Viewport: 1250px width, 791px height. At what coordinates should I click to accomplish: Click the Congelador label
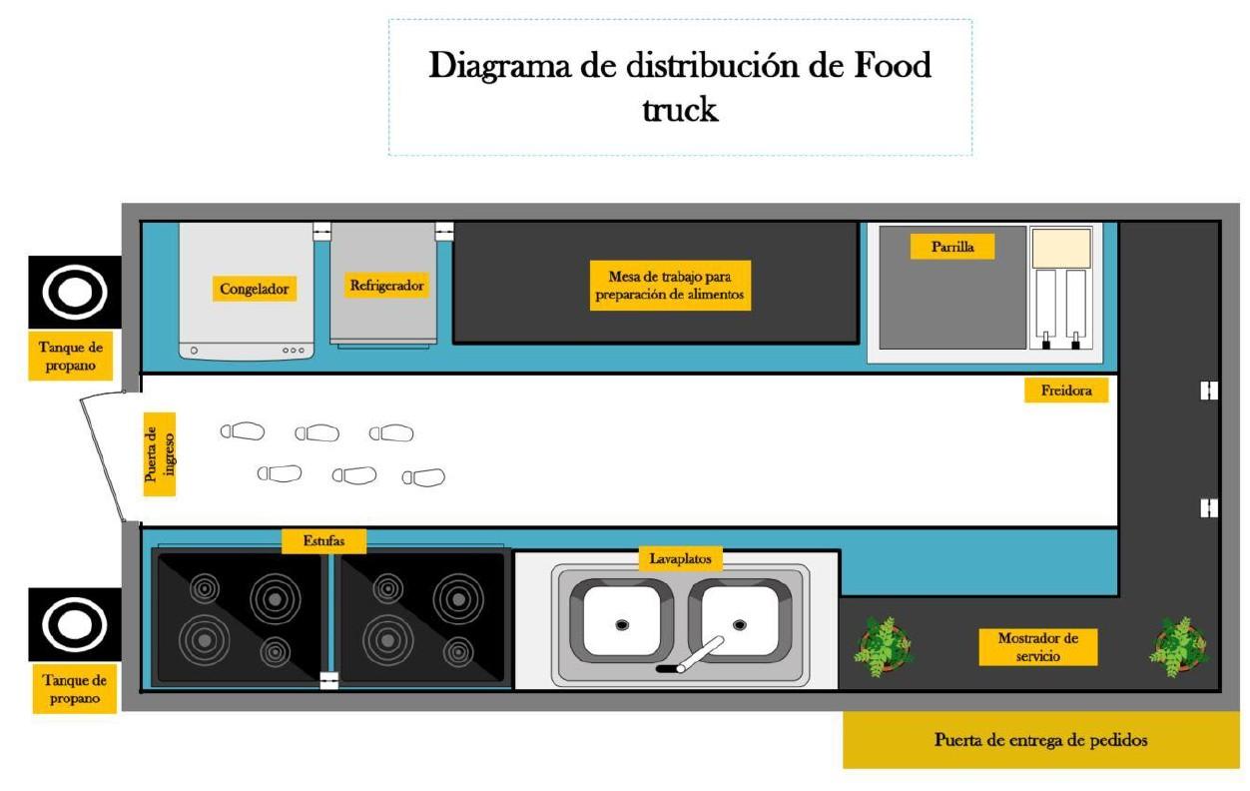[x=255, y=290]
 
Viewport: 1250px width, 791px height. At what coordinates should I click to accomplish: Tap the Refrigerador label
[x=386, y=286]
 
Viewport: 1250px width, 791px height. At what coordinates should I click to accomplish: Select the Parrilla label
[x=951, y=247]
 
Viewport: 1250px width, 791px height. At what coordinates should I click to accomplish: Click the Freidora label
[x=1066, y=392]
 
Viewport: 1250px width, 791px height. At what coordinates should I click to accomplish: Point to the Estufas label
[x=323, y=540]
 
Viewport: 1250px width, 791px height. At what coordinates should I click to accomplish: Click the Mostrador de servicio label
[x=1038, y=647]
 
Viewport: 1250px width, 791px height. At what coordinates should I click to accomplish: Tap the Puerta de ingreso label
[x=159, y=454]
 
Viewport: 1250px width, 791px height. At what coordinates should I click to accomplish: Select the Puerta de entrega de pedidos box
[x=1040, y=740]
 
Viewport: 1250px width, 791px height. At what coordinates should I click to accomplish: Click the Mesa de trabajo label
[x=670, y=286]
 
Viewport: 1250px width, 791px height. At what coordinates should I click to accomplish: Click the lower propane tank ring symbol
[x=75, y=625]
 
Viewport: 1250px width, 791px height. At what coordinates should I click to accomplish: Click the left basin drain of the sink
[x=621, y=624]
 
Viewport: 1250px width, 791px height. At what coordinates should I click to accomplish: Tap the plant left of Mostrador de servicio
[x=883, y=644]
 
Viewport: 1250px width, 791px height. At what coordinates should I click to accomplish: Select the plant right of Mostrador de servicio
[x=1180, y=645]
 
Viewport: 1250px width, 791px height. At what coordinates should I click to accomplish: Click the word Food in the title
[x=879, y=66]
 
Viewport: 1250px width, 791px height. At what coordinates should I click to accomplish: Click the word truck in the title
[x=679, y=108]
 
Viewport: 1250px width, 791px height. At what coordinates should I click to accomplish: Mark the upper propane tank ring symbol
[x=75, y=293]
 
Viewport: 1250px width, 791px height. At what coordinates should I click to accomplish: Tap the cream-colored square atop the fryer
[x=1060, y=248]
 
